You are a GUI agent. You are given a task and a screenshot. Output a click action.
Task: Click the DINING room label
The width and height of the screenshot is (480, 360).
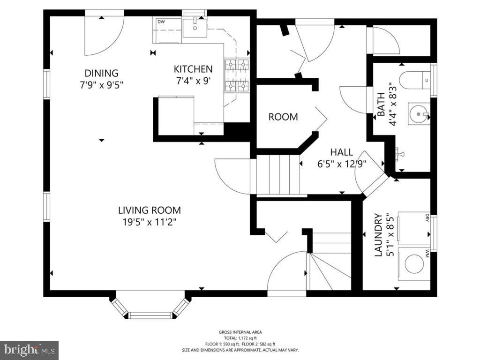pos(101,73)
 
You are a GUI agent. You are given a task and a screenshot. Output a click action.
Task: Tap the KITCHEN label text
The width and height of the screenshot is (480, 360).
pos(193,69)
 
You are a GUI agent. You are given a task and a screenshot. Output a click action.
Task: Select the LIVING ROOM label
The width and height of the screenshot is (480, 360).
pos(150,210)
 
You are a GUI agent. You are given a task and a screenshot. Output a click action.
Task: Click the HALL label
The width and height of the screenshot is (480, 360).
pos(341,152)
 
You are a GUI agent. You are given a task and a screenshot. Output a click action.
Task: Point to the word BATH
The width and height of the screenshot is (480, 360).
pos(381,105)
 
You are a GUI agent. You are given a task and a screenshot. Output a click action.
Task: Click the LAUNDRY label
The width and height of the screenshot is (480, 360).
pos(378,235)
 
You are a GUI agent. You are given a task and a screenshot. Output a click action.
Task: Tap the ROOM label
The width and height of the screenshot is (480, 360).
pos(283,117)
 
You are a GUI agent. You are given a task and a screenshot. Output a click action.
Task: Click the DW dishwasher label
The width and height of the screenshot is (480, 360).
pos(161,22)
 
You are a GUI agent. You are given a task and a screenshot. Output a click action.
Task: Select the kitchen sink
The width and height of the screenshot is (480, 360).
pos(195,28)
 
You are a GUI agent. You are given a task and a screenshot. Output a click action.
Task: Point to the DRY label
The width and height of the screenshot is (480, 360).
pos(427,218)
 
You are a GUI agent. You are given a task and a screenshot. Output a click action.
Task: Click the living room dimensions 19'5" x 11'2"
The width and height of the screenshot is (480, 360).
pos(150,222)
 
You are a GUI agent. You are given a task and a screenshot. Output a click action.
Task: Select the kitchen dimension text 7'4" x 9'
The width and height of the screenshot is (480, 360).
pos(193,81)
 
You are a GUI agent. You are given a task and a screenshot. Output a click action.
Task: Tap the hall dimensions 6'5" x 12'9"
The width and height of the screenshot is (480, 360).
pos(342,164)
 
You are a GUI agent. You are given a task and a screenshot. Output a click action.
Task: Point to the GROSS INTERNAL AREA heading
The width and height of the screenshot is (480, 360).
pos(240,332)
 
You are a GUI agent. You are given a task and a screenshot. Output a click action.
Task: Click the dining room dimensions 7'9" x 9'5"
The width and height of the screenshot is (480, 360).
pos(101,85)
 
